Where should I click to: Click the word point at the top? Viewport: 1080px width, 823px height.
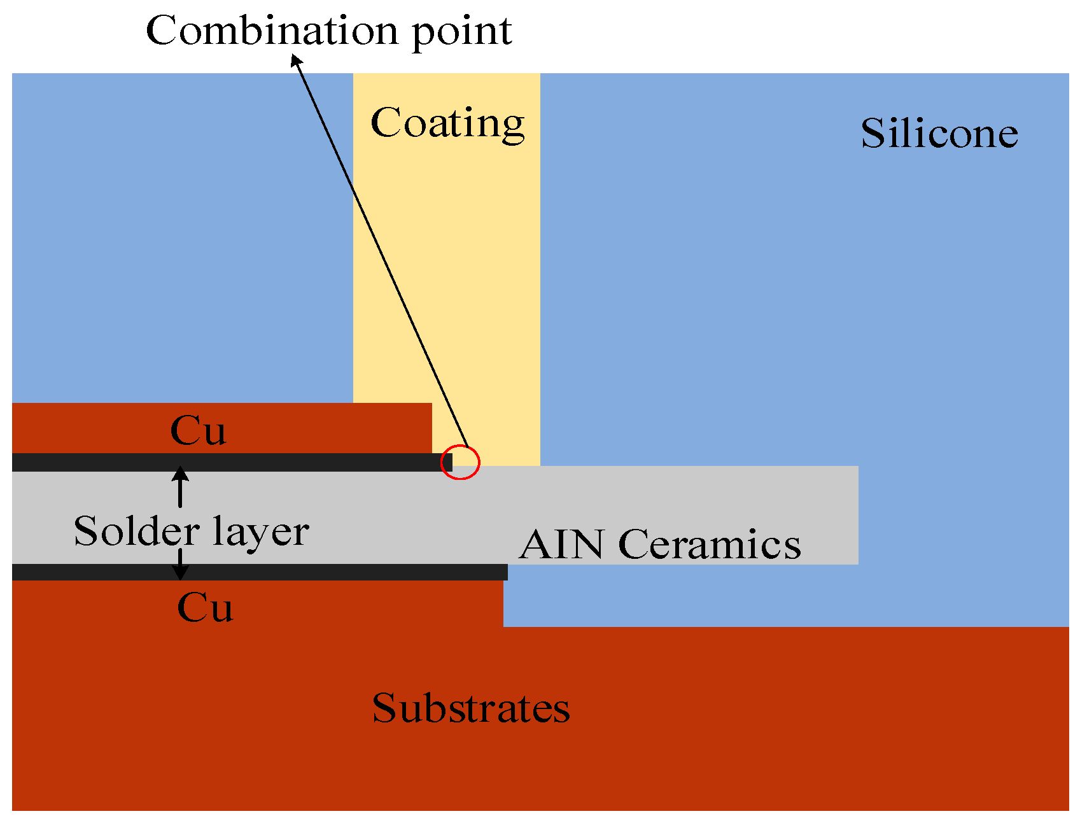click(x=462, y=32)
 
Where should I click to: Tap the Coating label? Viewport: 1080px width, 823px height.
click(x=447, y=123)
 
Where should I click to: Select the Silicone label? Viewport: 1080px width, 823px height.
click(x=939, y=134)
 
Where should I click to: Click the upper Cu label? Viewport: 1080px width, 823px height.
click(x=198, y=431)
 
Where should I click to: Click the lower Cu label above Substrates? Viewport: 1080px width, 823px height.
click(x=205, y=607)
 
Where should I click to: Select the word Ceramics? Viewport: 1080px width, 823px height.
click(x=709, y=545)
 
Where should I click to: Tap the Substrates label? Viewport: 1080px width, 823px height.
click(x=471, y=708)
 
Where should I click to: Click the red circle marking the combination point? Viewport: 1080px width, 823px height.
click(x=461, y=462)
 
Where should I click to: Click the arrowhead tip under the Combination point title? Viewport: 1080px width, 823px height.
click(x=294, y=57)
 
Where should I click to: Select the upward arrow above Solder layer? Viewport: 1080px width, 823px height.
click(x=181, y=486)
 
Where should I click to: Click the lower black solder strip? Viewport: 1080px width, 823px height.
click(x=255, y=572)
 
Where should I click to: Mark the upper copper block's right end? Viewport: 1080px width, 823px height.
click(x=426, y=428)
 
